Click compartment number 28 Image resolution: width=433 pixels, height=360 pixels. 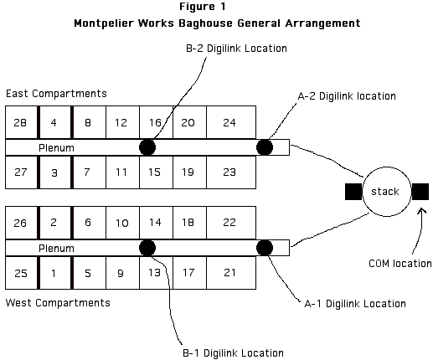click(x=21, y=122)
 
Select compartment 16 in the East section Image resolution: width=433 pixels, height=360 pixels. click(x=156, y=122)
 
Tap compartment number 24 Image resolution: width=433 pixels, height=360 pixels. click(x=231, y=122)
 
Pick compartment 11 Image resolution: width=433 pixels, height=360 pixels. click(x=122, y=172)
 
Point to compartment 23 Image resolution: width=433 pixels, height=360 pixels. click(x=231, y=172)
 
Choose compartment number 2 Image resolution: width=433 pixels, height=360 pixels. click(x=55, y=223)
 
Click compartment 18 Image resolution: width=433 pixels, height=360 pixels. click(x=189, y=223)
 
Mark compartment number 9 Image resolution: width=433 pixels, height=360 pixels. click(x=122, y=273)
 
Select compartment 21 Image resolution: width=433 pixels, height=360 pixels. click(x=231, y=273)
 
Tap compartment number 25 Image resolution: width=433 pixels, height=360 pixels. click(x=21, y=273)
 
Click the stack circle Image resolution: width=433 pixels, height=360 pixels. click(x=387, y=167)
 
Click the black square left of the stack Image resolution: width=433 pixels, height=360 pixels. click(x=353, y=192)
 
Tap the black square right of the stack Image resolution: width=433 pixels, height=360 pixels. click(x=420, y=192)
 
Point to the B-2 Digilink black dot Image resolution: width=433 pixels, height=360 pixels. click(x=147, y=147)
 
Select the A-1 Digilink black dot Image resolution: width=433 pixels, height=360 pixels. click(x=265, y=248)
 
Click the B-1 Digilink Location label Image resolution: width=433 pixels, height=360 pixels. click(x=233, y=353)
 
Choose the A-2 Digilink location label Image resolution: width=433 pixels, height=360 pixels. click(x=347, y=96)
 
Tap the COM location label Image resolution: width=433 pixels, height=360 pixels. click(x=400, y=264)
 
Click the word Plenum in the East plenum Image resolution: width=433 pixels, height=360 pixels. click(x=56, y=147)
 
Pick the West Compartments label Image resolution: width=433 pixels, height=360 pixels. click(x=58, y=303)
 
